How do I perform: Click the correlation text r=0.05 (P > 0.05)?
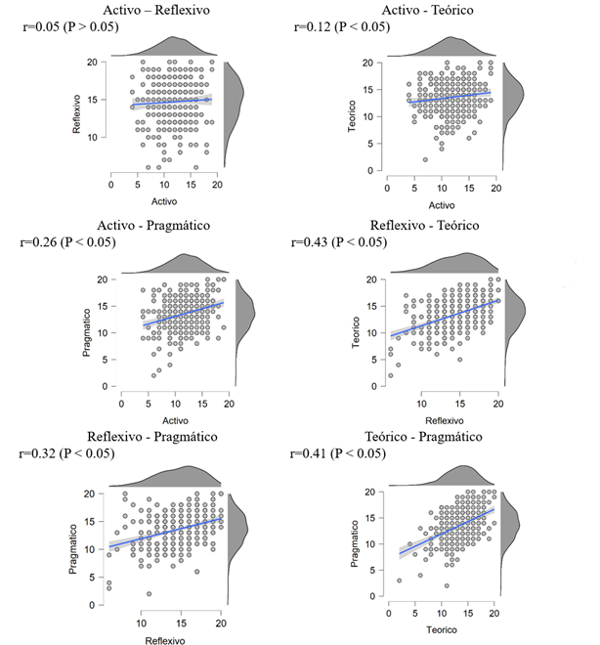coord(70,26)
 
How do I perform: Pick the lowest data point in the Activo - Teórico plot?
coord(425,159)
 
